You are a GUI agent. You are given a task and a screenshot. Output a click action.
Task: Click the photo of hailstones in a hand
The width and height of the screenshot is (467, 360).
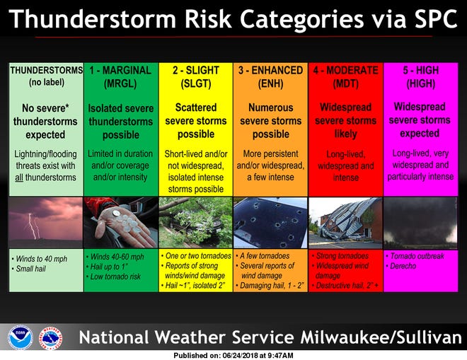tap(120, 222)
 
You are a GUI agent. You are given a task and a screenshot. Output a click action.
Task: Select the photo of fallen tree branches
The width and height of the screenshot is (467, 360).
tap(195, 222)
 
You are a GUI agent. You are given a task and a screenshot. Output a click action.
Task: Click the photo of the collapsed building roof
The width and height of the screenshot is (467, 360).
tap(345, 222)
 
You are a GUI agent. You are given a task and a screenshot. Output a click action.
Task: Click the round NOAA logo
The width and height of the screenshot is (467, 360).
tap(21, 337)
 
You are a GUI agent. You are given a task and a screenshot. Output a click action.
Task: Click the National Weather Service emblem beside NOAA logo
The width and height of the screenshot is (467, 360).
tap(50, 337)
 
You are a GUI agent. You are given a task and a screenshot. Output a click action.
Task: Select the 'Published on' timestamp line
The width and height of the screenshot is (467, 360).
tap(233, 355)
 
